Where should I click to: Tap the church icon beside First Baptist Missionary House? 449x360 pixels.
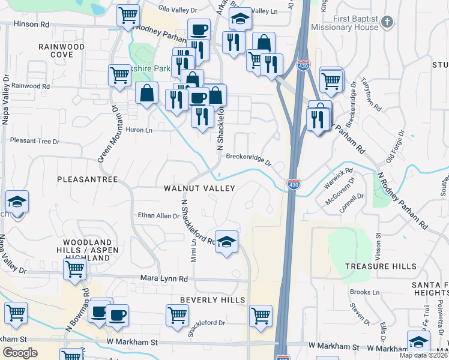point(388,23)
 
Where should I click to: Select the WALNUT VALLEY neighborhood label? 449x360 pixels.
point(199,188)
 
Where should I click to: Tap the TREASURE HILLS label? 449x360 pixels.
point(381,266)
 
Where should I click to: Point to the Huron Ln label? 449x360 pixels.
point(139,130)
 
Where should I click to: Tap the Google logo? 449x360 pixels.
point(20,353)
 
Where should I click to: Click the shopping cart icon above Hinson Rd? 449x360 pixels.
point(128,14)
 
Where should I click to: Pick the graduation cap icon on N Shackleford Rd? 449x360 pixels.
point(226,241)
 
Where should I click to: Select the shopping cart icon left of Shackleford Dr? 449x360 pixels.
point(177,314)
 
